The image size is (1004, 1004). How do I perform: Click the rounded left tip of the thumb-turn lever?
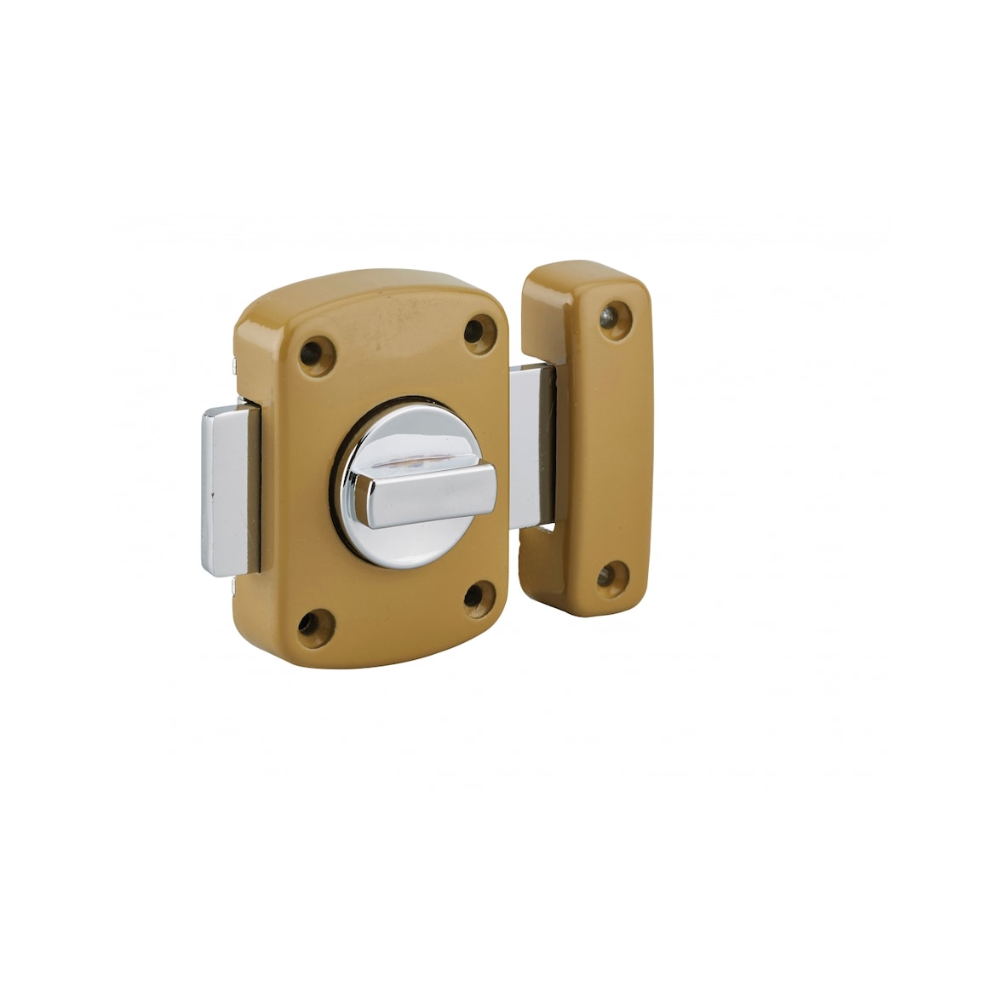[362, 501]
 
